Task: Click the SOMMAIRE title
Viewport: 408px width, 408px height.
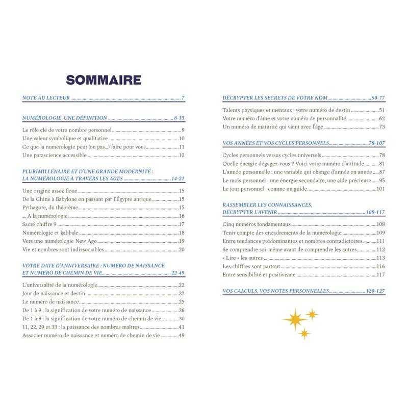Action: click(104, 80)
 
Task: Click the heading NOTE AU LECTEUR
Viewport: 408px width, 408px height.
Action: click(46, 97)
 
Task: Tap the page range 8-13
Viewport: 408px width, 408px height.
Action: click(178, 118)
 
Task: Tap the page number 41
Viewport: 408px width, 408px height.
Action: click(181, 327)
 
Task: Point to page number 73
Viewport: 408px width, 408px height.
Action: click(381, 126)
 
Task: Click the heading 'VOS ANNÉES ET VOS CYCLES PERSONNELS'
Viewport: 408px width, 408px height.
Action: click(275, 143)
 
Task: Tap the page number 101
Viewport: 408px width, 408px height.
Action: click(380, 189)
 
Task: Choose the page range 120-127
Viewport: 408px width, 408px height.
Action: click(375, 291)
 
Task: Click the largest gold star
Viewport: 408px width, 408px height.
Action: click(295, 319)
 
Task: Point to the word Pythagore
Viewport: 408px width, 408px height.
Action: click(37, 208)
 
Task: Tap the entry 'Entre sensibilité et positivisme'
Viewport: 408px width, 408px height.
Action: click(259, 275)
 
